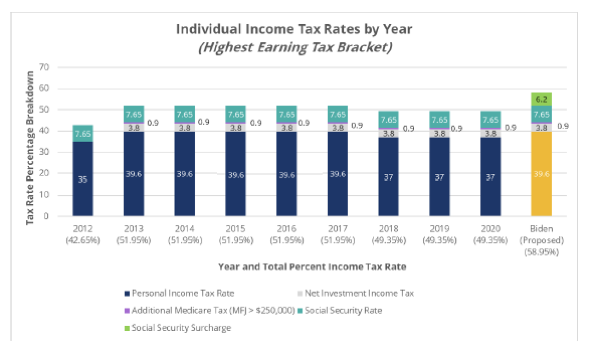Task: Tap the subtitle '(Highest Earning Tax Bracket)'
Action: (x=295, y=48)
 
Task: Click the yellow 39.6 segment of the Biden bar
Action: (x=541, y=173)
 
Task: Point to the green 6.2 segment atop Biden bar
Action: (x=541, y=99)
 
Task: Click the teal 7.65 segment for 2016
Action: (x=287, y=114)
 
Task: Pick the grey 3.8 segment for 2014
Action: (x=185, y=127)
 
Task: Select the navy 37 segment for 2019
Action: (x=439, y=177)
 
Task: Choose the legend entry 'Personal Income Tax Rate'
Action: (x=182, y=293)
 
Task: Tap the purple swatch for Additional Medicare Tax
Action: (x=127, y=311)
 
